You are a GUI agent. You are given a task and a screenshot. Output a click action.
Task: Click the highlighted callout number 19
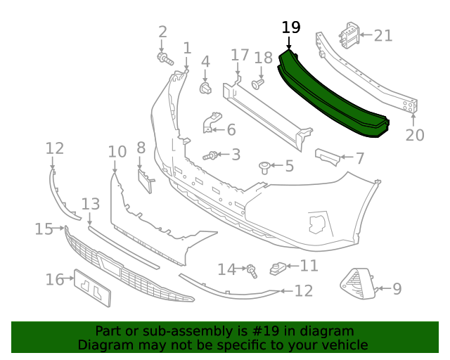291,27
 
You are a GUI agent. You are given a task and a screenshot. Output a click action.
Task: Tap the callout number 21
383,35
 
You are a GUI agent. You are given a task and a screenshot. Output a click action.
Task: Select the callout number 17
240,54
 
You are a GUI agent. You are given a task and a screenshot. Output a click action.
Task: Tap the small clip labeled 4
206,88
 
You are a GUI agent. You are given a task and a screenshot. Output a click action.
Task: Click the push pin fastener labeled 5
265,167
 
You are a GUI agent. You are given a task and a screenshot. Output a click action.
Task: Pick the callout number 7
359,159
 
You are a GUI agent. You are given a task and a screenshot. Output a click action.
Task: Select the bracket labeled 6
213,124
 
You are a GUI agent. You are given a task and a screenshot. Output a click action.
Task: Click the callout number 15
44,229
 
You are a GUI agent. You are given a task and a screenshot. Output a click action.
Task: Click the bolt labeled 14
250,269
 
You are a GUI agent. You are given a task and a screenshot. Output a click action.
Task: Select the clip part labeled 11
278,267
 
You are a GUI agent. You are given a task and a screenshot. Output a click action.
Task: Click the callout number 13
91,204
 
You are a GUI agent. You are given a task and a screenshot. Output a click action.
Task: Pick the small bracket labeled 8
144,179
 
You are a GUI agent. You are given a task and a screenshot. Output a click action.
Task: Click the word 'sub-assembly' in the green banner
176,331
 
